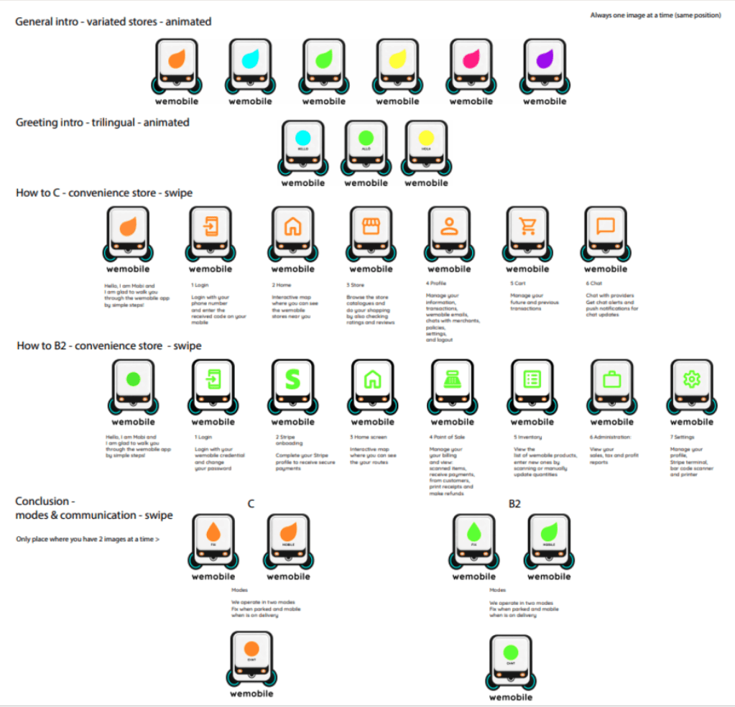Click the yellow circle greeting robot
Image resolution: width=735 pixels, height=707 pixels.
[425, 139]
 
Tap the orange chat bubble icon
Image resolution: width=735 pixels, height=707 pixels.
[606, 227]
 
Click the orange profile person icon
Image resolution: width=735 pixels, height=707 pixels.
[449, 227]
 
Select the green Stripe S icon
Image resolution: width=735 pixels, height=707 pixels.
[292, 379]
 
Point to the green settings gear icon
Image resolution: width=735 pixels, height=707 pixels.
[691, 379]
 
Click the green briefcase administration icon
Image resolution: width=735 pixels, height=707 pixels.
[611, 379]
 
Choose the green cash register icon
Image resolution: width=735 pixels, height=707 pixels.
[452, 379]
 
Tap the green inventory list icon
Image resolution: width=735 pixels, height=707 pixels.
[532, 379]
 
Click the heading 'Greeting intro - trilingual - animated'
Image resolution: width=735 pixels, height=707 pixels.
[103, 123]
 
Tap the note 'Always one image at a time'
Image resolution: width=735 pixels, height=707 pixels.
[655, 15]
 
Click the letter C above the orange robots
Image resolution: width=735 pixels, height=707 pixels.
[251, 504]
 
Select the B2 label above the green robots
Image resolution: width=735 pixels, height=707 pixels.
[514, 504]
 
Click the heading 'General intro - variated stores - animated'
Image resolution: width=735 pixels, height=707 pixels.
[114, 22]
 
